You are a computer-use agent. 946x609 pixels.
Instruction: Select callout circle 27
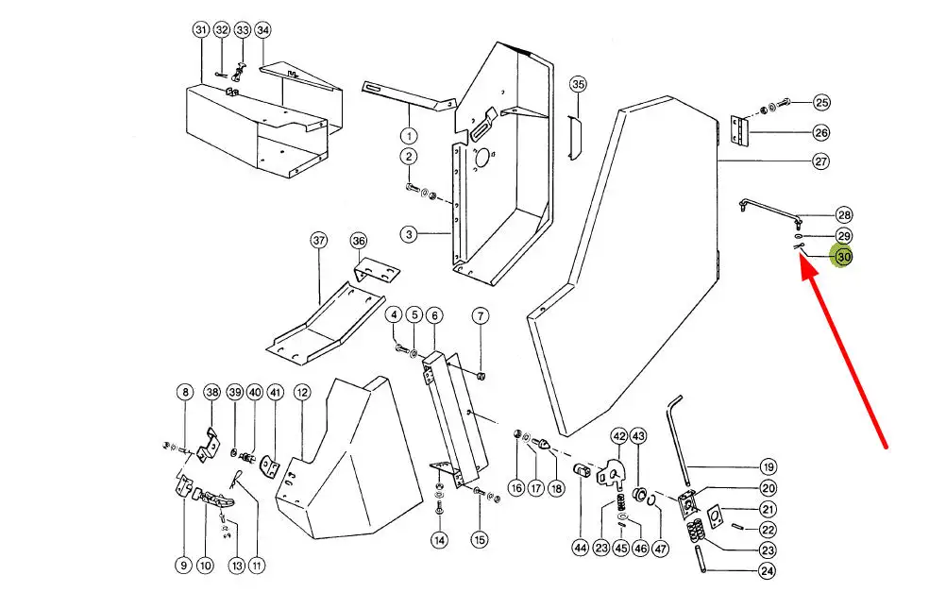click(x=821, y=161)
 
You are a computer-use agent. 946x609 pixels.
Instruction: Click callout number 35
click(x=578, y=85)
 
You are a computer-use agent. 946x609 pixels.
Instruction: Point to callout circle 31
click(x=200, y=30)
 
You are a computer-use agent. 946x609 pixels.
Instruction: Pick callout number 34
click(x=262, y=30)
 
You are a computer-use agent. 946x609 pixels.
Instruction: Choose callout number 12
click(x=302, y=392)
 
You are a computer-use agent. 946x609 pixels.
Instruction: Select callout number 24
click(x=768, y=571)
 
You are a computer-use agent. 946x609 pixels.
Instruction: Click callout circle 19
click(x=768, y=466)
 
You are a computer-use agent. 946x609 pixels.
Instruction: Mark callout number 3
click(x=408, y=233)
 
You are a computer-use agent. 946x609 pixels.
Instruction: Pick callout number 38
click(x=212, y=392)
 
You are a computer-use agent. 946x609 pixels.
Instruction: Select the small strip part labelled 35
click(x=572, y=137)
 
